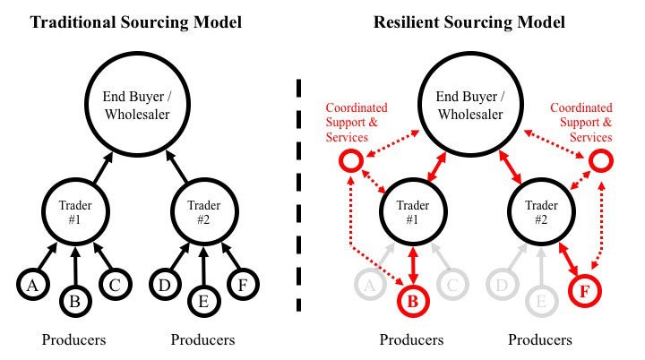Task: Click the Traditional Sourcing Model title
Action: pos(136,21)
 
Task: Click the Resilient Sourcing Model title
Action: pos(469,21)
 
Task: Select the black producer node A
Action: pos(31,286)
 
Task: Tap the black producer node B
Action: pos(75,301)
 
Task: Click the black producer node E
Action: pos(203,301)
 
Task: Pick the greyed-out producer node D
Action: pos(502,286)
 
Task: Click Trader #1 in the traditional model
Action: pos(75,211)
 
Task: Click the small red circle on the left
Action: pos(350,162)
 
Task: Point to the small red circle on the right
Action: pos(600,162)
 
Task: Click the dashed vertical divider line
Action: pos(298,197)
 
